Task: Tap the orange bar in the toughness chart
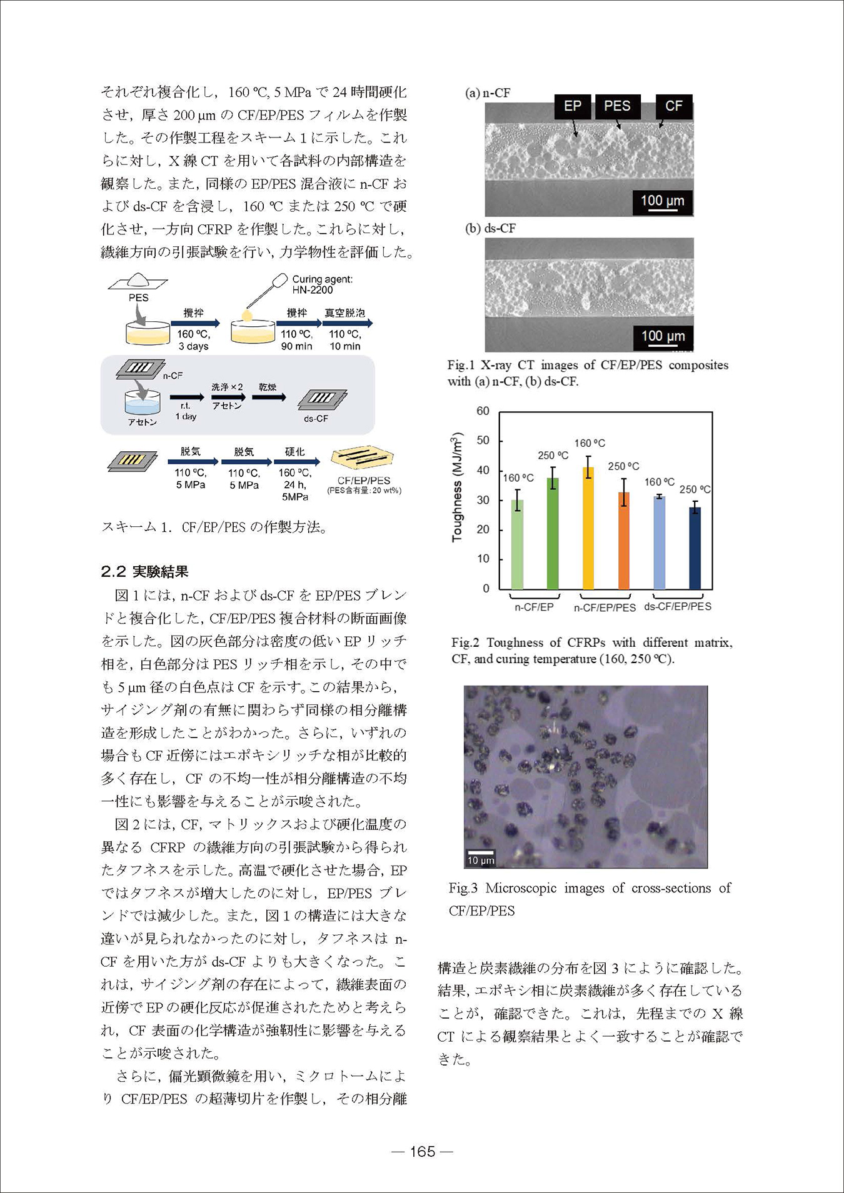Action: point(623,541)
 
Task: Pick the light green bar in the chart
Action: point(517,544)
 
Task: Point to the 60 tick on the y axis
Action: point(483,411)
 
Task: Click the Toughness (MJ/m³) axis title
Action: point(457,487)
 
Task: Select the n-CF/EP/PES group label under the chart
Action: point(605,607)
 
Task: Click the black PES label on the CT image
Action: point(616,106)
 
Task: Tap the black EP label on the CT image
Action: point(572,106)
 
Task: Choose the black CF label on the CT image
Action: point(673,106)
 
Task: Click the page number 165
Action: point(423,1152)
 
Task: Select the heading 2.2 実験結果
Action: point(144,571)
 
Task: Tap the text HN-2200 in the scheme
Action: point(313,290)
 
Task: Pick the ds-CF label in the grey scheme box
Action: point(316,418)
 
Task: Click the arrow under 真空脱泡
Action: point(348,323)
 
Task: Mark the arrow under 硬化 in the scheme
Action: point(297,462)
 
